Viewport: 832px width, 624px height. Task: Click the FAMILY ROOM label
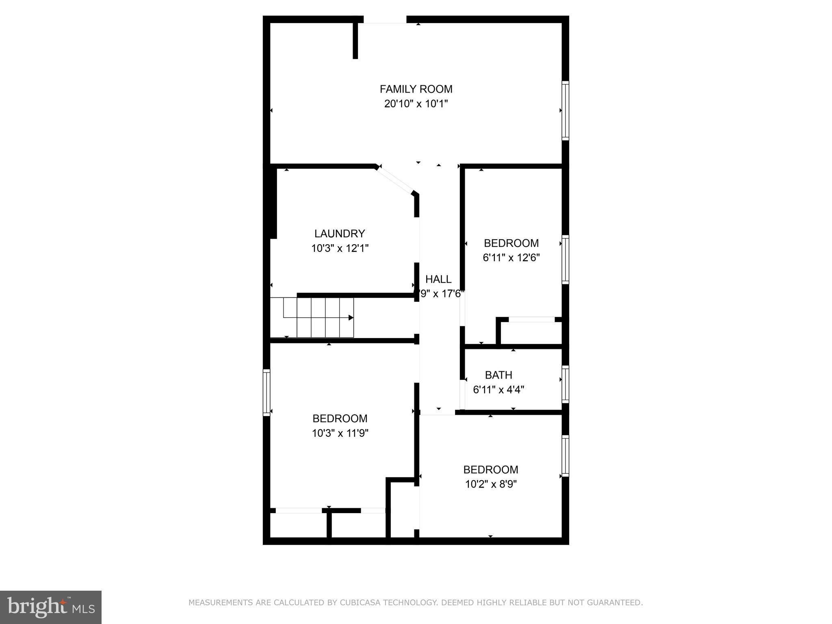[x=416, y=89]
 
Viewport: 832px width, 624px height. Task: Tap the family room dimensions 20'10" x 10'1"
[x=416, y=104]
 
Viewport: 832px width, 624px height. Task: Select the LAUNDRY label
[x=340, y=234]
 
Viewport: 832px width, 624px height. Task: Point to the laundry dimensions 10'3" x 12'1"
[x=340, y=248]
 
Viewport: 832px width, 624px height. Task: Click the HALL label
[x=438, y=279]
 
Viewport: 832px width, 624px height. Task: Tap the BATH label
[x=498, y=375]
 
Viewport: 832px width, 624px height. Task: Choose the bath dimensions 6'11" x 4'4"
[x=498, y=390]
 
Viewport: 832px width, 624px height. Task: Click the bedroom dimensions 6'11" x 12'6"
[x=511, y=258]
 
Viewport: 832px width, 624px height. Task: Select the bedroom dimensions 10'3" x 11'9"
[x=340, y=433]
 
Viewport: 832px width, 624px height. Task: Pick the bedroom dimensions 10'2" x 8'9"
[x=491, y=484]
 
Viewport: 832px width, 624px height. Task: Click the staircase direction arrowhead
[x=351, y=318]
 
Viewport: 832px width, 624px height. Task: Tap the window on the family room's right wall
[x=565, y=110]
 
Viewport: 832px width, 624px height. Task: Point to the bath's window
[x=565, y=384]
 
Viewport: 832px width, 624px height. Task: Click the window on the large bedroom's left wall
[x=266, y=392]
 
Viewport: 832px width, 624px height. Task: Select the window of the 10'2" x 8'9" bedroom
[x=565, y=455]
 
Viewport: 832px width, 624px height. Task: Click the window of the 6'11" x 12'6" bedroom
[x=565, y=259]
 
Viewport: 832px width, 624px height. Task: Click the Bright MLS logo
[x=51, y=607]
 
